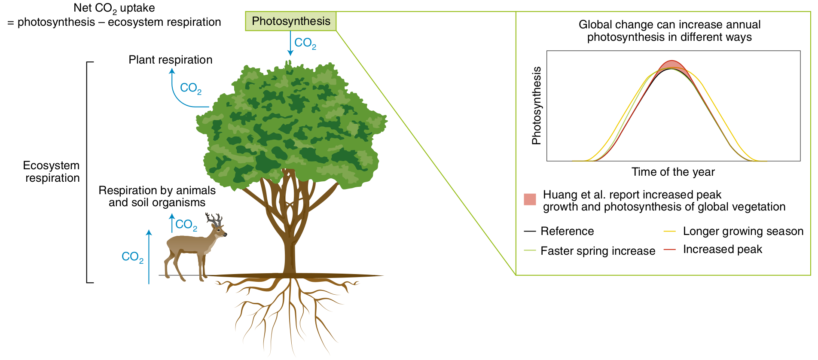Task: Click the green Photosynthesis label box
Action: coord(291,21)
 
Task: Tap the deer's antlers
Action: coord(214,220)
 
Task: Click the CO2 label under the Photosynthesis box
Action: coord(305,43)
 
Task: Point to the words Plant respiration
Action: coord(170,60)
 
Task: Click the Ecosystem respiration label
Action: coord(52,171)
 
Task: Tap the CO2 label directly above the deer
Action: coord(186,225)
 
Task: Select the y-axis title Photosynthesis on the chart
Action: coord(536,106)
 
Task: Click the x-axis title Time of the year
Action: coord(673,172)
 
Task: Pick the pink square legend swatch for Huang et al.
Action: coord(530,199)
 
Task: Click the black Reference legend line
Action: coord(530,231)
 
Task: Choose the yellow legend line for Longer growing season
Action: coord(669,231)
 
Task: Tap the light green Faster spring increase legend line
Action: coord(530,250)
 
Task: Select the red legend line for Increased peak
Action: coord(669,249)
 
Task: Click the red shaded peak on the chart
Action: coord(672,64)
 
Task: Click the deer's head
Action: coord(220,232)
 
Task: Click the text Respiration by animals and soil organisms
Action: coord(157,196)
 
